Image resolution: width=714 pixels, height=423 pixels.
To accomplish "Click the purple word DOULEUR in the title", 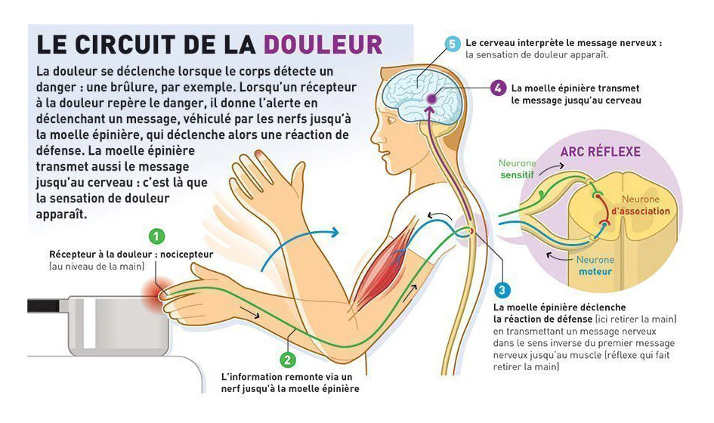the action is coord(323,44).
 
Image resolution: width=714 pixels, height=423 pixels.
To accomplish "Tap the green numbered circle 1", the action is coord(156,236).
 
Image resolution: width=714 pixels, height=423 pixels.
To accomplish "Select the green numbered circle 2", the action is coord(287,360).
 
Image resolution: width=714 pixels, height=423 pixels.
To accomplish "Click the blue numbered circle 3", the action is coord(502,289).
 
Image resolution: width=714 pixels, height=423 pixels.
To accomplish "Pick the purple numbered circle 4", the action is coord(498,88).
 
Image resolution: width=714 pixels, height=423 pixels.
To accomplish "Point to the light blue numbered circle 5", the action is coord(452,44).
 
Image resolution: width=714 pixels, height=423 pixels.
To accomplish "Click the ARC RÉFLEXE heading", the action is coord(600,152).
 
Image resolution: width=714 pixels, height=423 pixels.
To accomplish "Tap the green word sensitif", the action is coord(517,174).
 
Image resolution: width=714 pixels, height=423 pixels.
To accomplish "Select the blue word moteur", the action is coord(595,272).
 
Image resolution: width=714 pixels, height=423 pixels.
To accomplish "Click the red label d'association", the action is coord(640,211).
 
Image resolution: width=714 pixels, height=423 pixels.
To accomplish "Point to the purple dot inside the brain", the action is coord(431,98).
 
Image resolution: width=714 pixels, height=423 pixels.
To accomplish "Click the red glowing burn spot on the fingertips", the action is coord(153,292).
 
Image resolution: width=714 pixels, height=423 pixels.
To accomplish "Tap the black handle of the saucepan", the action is coord(44,305).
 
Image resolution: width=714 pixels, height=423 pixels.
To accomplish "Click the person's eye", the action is coord(390,121).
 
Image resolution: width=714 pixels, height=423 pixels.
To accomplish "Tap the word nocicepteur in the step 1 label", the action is coord(187,254).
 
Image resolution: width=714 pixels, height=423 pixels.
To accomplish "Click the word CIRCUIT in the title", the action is coord(125,44).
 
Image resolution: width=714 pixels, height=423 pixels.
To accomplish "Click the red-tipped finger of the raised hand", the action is coord(260,156).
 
